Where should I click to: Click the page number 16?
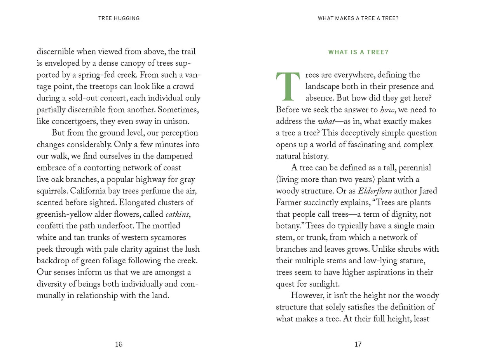point(119,344)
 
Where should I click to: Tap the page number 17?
point(358,344)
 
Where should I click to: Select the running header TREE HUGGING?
point(119,18)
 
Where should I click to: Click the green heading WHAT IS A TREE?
point(358,52)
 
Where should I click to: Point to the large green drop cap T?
point(288,86)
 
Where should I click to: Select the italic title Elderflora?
point(375,191)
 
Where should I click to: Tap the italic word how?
point(387,110)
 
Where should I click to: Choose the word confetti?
point(51,226)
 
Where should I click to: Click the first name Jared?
point(427,191)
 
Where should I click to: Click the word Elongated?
point(140,203)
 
